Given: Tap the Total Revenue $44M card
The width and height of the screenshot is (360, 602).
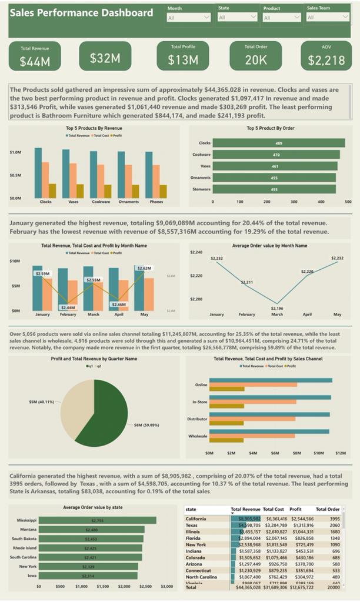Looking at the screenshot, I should coord(35,56).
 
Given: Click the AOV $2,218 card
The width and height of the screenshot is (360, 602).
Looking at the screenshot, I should coord(326,56).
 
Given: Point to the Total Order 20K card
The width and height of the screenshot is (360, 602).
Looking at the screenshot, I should coord(256,56).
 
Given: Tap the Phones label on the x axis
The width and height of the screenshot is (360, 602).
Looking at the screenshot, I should coord(156,202).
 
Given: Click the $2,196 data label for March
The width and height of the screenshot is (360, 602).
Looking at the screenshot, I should coord(276,308).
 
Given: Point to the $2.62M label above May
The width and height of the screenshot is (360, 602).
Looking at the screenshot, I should coord(144,268).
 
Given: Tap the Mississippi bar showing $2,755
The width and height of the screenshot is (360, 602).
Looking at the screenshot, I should coord(97,520).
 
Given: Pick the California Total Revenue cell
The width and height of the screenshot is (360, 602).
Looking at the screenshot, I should coord(245,519).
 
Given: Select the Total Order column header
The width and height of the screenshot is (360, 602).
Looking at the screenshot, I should coord(328,509).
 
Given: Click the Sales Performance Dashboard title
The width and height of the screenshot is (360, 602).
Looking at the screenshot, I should coord(82,12).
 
